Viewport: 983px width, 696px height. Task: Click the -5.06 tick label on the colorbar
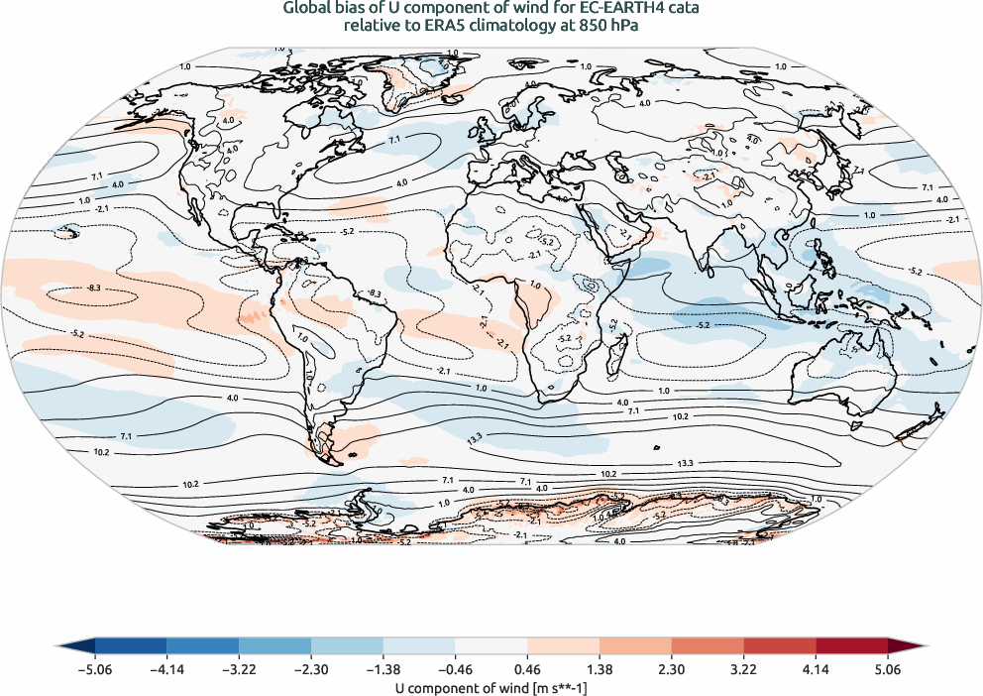[x=94, y=669]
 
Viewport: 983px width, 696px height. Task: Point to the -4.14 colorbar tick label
[x=166, y=669]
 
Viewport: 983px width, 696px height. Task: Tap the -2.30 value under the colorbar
[x=310, y=669]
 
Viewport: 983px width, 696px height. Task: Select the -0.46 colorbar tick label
[x=454, y=669]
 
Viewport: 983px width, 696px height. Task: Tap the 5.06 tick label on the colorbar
[x=888, y=669]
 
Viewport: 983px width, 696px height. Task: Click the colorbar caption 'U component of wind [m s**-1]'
[x=491, y=685]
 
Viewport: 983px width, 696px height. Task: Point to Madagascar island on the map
[x=618, y=351]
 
